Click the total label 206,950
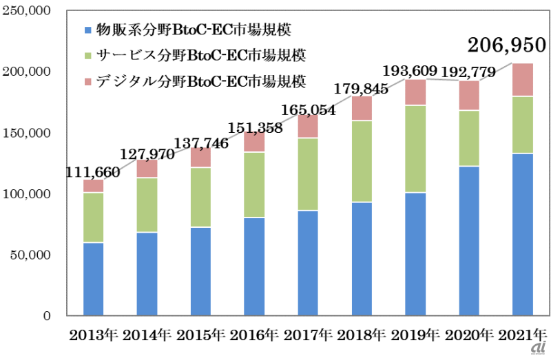(x=506, y=46)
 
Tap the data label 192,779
(x=470, y=72)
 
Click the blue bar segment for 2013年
(x=93, y=279)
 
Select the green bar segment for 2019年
(x=415, y=149)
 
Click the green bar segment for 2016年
(x=254, y=184)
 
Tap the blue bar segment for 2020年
(x=469, y=241)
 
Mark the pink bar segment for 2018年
(x=362, y=108)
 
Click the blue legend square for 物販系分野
(x=86, y=30)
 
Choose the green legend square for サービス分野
(x=86, y=54)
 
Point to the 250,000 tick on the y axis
(x=25, y=12)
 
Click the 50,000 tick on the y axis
(x=29, y=255)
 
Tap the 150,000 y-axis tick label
(x=25, y=133)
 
